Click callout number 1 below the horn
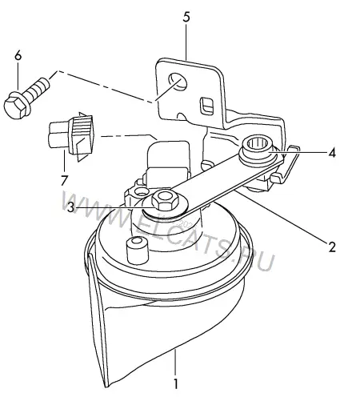(175, 383)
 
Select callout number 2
(331, 247)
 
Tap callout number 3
(70, 207)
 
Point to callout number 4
(331, 153)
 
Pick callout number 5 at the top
(186, 17)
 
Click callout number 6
(18, 56)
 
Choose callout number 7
(64, 180)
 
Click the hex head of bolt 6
(15, 106)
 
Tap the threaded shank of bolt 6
(37, 88)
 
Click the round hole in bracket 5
(177, 81)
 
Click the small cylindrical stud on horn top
(137, 250)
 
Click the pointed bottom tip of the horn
(106, 386)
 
